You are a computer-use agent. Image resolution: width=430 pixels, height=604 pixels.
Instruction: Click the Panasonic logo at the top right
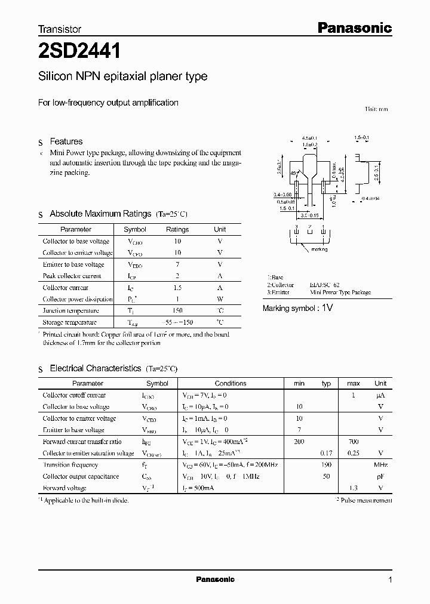click(x=354, y=27)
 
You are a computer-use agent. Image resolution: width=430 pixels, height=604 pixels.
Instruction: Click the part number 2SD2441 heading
click(x=79, y=52)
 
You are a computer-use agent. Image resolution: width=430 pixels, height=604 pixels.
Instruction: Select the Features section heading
click(x=66, y=141)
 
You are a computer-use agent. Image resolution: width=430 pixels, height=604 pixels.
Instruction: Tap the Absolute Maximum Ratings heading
click(x=100, y=214)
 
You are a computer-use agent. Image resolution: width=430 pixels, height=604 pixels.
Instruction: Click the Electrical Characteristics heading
click(x=95, y=369)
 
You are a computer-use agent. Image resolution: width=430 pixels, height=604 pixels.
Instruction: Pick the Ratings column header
click(x=177, y=229)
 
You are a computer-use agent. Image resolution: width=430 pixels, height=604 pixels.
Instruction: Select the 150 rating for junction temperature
click(x=177, y=310)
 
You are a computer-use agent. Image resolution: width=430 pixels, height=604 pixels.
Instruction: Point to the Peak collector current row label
click(x=72, y=276)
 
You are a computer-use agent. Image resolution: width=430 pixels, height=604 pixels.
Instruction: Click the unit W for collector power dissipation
click(x=220, y=299)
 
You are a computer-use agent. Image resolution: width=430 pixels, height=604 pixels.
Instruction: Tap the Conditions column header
click(x=231, y=383)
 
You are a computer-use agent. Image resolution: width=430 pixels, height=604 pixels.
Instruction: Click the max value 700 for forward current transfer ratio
click(x=353, y=442)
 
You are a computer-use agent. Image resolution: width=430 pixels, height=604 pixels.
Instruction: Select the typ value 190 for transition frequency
click(x=326, y=465)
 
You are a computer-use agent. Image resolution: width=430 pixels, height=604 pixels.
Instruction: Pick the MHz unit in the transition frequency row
click(x=380, y=465)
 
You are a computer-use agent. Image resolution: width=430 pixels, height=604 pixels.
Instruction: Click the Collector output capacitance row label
click(x=81, y=476)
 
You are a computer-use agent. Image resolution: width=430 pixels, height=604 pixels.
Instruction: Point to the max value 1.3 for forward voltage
click(x=353, y=488)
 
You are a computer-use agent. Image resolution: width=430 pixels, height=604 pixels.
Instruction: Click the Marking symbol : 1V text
click(x=297, y=308)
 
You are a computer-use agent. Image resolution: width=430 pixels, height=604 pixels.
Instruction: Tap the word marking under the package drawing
click(x=320, y=249)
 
